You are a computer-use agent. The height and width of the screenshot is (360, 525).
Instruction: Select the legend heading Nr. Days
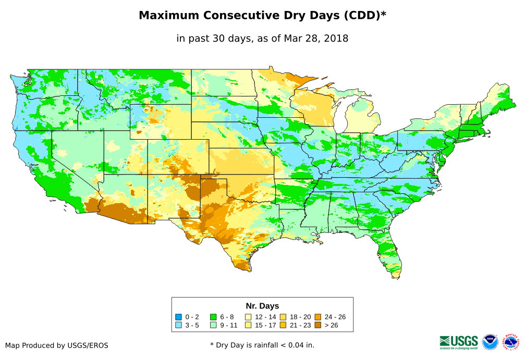tap(262, 306)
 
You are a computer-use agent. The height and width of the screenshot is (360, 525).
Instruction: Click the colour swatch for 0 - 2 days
tap(179, 317)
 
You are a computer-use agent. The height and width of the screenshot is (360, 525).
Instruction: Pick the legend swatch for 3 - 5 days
tap(179, 325)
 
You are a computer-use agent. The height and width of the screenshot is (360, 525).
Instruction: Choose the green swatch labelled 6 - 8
tap(213, 317)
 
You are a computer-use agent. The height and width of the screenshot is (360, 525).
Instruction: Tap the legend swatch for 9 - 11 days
tap(213, 325)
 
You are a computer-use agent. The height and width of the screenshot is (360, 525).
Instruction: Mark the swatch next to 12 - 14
tap(249, 317)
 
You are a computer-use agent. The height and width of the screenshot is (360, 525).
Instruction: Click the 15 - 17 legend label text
tap(265, 325)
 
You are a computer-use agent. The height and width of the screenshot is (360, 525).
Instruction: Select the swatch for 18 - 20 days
tap(283, 317)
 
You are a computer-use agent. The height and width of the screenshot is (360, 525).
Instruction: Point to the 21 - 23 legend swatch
tap(283, 325)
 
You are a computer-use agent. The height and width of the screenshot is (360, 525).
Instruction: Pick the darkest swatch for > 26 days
tap(318, 325)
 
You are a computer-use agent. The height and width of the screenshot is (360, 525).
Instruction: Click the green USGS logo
tap(459, 342)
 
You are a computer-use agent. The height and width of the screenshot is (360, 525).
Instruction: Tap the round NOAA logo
tap(490, 342)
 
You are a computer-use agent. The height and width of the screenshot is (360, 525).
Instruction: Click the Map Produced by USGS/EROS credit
tap(57, 345)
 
